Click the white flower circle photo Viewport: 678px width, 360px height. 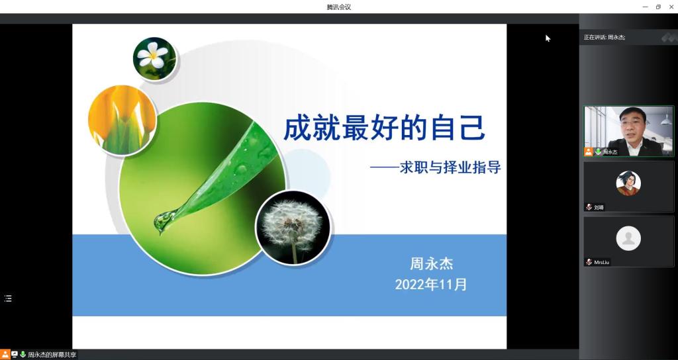[155, 58]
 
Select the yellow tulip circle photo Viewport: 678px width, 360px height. [122, 120]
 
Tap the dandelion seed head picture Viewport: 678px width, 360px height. [293, 228]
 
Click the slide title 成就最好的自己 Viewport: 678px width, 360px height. [385, 127]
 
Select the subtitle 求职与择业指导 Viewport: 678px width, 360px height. [450, 167]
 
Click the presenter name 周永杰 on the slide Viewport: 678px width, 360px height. [431, 263]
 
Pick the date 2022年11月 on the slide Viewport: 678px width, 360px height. [430, 285]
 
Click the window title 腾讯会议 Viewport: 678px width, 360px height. [338, 7]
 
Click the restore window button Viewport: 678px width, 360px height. [658, 7]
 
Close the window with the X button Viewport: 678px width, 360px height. [671, 7]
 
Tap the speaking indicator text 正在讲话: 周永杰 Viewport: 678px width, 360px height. [605, 37]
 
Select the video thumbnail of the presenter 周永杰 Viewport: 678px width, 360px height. [629, 131]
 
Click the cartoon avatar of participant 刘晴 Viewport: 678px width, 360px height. [628, 183]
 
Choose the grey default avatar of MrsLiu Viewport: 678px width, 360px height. [628, 238]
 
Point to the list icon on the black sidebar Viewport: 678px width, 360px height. [8, 298]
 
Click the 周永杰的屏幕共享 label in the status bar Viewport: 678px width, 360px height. [52, 355]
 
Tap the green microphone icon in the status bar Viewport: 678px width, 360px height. [23, 355]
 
